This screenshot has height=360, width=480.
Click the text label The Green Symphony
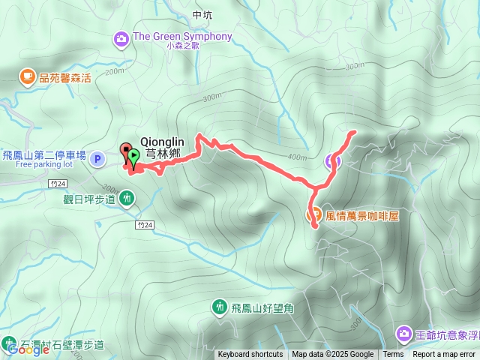(x=182, y=37)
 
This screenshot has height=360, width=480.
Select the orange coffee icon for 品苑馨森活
(x=27, y=76)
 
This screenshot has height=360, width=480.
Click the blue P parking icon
(x=97, y=159)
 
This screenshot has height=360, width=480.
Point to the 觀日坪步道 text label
(x=90, y=199)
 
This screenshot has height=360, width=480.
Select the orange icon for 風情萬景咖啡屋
(x=315, y=214)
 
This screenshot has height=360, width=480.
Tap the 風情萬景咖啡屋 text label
(x=362, y=215)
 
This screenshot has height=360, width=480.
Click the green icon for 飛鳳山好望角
(x=219, y=306)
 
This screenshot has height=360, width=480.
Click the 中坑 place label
(x=202, y=14)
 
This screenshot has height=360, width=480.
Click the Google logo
(x=23, y=349)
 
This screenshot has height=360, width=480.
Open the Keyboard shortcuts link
(x=250, y=355)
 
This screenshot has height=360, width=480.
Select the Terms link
(x=393, y=355)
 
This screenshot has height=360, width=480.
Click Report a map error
(x=445, y=355)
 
